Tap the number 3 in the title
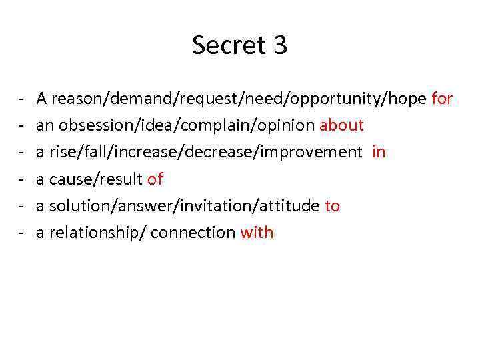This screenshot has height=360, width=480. pos(280,45)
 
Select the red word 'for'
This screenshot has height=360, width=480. pos(442,99)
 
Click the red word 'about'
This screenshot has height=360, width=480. pos(341,125)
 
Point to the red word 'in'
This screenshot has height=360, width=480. pos(379,152)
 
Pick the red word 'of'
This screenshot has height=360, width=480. pos(155,179)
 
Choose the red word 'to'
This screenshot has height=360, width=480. pos(332,205)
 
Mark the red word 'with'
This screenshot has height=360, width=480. pos(257,232)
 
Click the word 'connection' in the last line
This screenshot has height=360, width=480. pos(193,232)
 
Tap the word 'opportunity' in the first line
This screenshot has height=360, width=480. pos(338,99)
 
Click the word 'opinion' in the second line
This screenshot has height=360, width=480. pos(289,126)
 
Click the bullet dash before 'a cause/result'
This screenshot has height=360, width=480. pos(22,179)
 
